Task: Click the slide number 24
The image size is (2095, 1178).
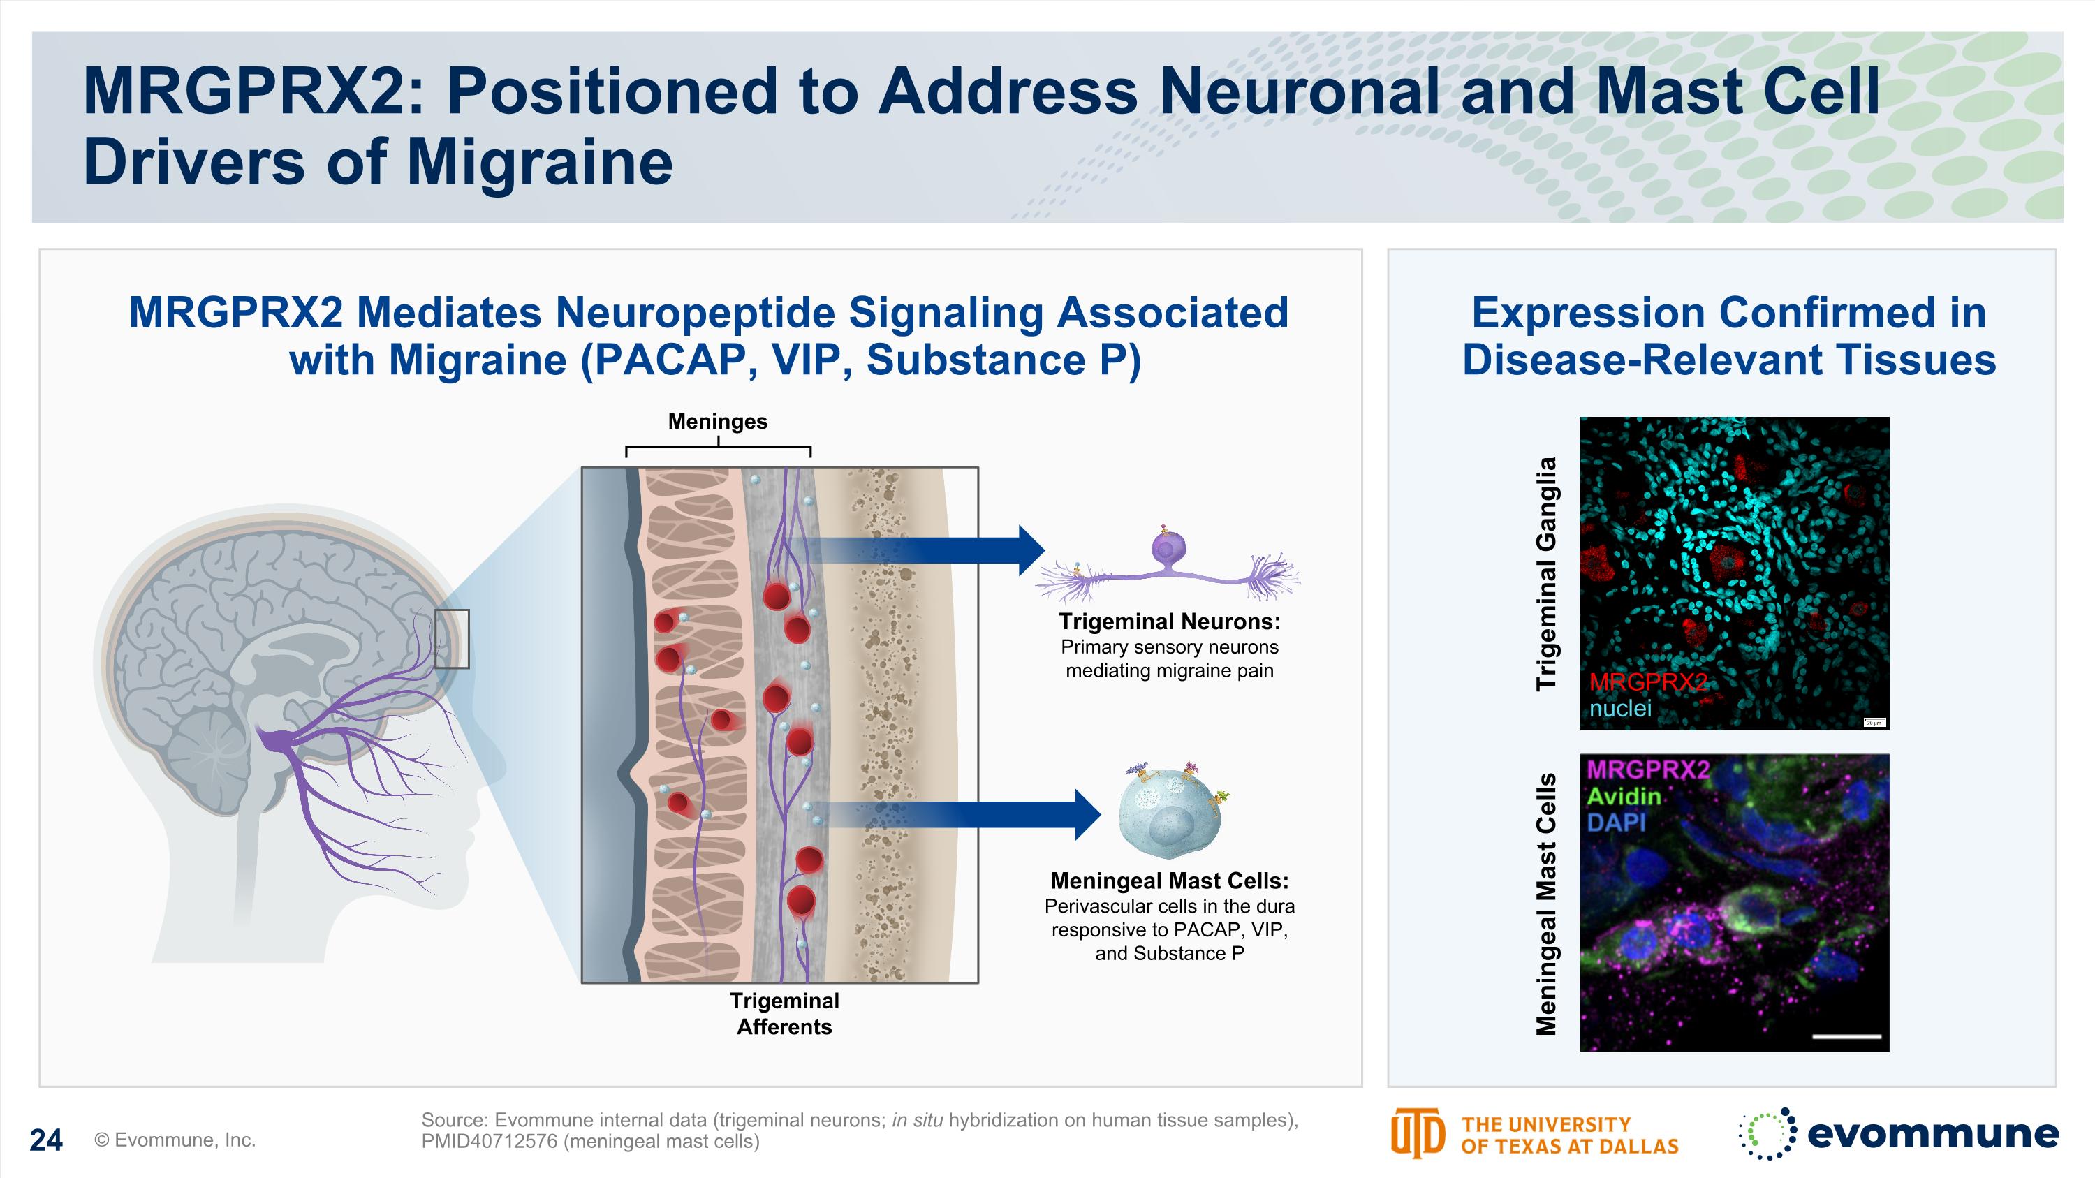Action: (45, 1140)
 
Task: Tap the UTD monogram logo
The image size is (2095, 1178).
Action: (1417, 1133)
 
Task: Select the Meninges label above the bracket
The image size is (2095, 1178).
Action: (717, 421)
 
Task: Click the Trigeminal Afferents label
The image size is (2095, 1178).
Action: (784, 1013)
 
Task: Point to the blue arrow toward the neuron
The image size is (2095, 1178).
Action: (927, 550)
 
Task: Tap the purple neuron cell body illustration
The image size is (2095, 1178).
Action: (1169, 550)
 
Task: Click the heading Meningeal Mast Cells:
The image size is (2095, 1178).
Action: (1169, 881)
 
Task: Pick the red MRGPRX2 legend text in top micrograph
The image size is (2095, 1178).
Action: (1647, 682)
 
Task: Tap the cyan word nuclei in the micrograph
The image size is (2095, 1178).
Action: (1620, 708)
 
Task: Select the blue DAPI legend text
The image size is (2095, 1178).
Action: (1616, 823)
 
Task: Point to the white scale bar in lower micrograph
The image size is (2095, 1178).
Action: (1846, 1036)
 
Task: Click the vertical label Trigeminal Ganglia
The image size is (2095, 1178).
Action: (1546, 574)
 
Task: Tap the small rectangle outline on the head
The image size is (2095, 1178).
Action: (451, 639)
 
